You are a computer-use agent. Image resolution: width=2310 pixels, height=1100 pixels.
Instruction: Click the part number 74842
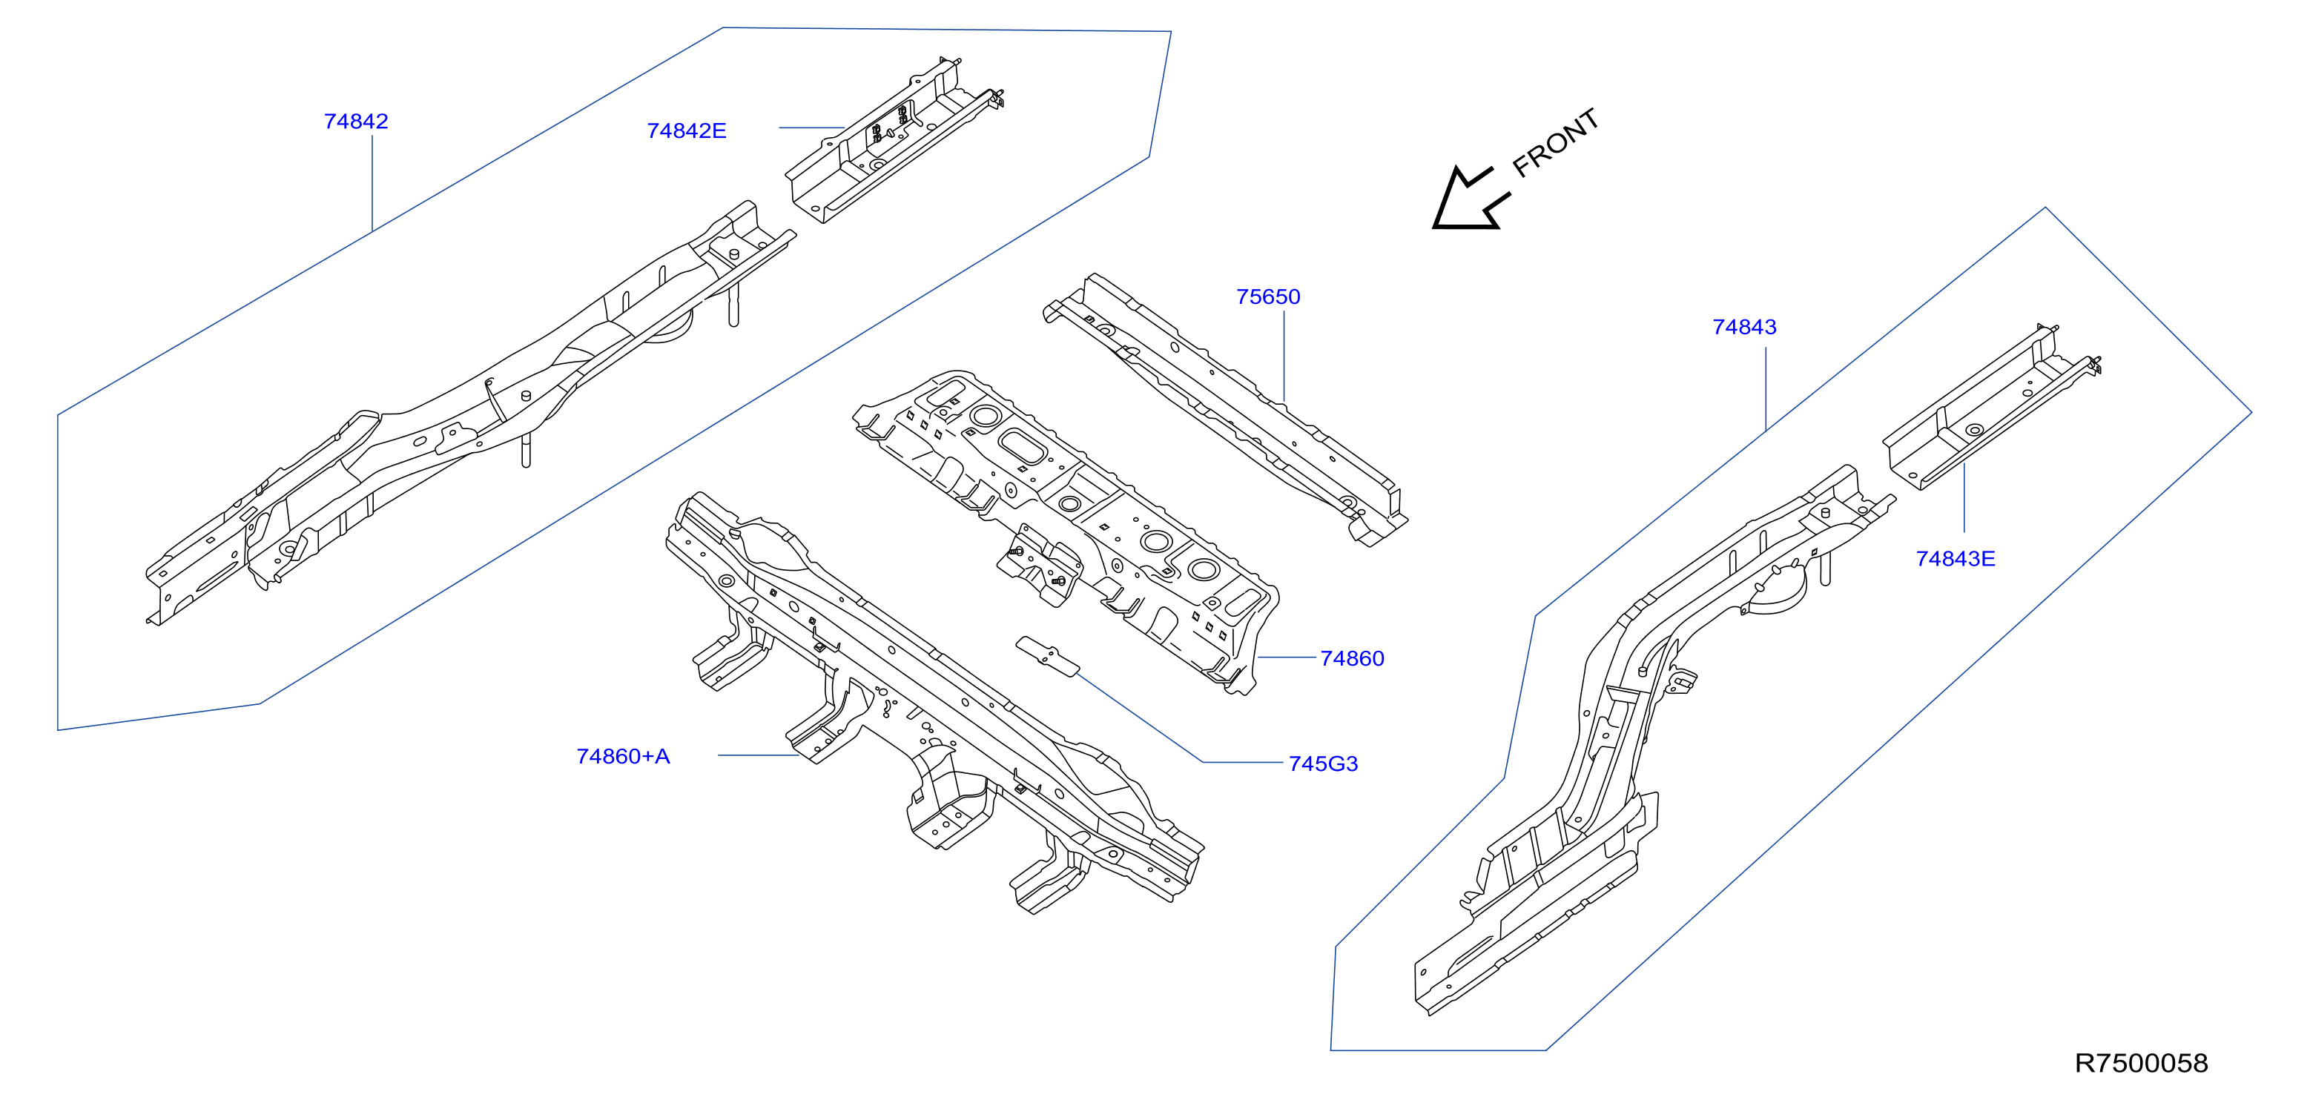[x=356, y=121]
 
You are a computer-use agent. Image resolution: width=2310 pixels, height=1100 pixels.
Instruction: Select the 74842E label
[x=686, y=131]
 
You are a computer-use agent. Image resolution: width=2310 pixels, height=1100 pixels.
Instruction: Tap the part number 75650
[x=1268, y=296]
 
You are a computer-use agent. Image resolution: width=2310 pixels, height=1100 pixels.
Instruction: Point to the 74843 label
[x=1744, y=327]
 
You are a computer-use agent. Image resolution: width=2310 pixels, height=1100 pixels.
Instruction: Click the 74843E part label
[x=1956, y=558]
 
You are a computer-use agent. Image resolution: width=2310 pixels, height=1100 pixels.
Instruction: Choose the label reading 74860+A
[x=623, y=757]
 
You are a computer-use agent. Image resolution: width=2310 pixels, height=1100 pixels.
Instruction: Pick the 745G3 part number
[x=1323, y=763]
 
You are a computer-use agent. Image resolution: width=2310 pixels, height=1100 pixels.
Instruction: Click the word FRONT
[x=1556, y=142]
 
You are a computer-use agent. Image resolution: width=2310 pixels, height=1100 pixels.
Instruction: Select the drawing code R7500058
[x=2142, y=1062]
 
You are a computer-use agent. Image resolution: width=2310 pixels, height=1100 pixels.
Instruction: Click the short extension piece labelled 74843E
[x=1992, y=408]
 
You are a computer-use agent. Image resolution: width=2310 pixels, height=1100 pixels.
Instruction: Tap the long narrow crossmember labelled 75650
[x=1225, y=409]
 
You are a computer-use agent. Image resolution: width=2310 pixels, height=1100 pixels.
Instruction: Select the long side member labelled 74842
[x=471, y=412]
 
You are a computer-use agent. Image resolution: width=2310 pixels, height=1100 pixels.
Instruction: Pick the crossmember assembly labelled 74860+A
[x=934, y=703]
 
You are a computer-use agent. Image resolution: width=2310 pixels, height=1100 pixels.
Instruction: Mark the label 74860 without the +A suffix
[x=1353, y=659]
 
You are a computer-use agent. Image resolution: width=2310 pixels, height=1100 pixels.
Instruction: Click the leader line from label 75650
[x=1284, y=357]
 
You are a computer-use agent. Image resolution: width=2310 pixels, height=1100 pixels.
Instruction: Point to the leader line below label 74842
[x=372, y=184]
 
